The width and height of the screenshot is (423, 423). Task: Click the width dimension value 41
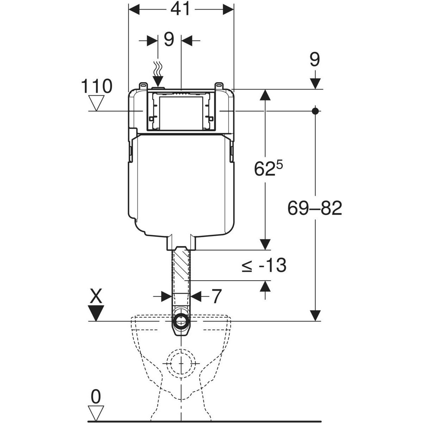pos(180,10)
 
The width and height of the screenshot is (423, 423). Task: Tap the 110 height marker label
pos(97,86)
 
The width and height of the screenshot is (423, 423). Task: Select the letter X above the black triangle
pos(95,298)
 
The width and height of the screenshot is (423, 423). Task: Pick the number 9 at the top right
pos(314,60)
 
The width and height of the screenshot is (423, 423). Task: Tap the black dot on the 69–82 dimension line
pos(315,111)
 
